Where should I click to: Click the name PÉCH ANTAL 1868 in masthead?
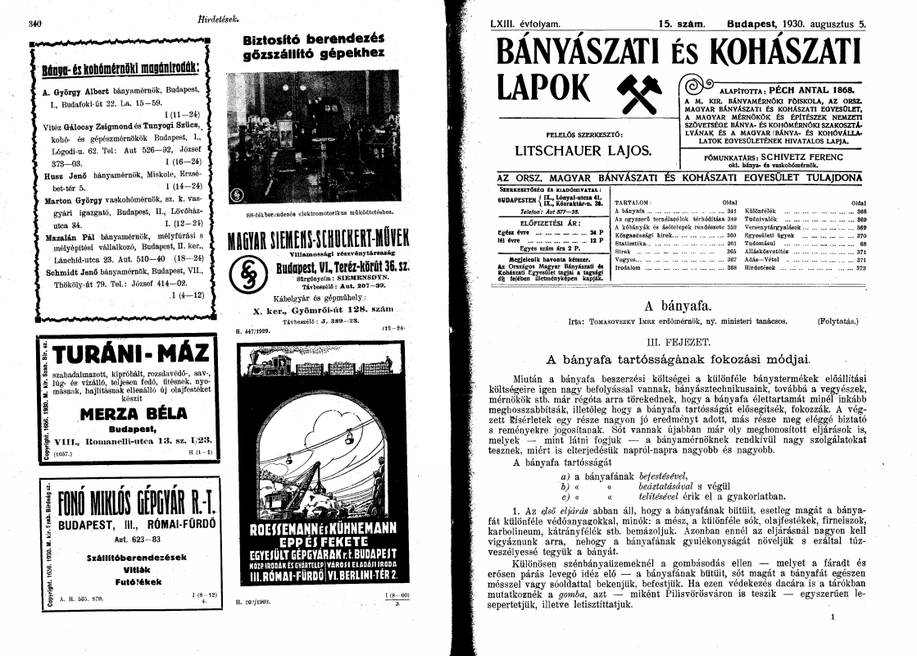[810, 89]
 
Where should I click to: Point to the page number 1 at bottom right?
[833, 617]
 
